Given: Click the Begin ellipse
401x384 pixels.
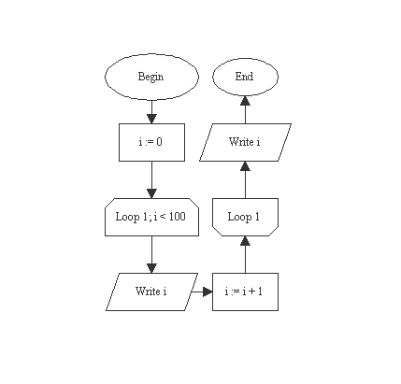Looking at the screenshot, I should [x=150, y=77].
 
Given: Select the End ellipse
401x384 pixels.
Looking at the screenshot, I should [x=245, y=77].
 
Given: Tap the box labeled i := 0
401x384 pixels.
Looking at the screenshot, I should [x=150, y=142].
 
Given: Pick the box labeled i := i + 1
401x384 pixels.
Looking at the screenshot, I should [x=245, y=292].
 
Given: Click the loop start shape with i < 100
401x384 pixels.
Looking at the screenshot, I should [x=150, y=217].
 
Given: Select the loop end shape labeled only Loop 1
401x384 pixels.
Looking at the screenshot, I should [x=245, y=217].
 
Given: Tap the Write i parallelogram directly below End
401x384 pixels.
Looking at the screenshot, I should [x=245, y=142].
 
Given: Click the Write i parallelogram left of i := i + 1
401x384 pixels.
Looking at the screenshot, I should [x=150, y=292].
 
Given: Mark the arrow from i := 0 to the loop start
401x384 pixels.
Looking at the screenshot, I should [x=150, y=179].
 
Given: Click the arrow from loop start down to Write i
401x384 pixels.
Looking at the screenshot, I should [x=150, y=254].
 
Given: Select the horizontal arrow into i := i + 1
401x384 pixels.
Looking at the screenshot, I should [x=203, y=292].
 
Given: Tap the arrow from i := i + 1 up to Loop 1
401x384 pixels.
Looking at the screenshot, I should [x=245, y=254].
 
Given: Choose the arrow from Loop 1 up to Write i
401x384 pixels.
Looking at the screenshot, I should [x=245, y=179].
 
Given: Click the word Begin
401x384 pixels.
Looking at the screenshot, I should [x=150, y=77].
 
